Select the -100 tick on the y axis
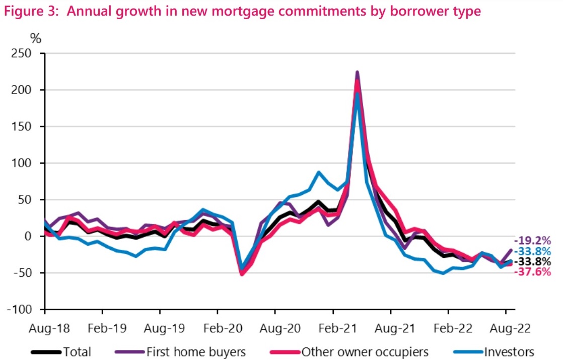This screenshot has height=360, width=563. tap(28, 309)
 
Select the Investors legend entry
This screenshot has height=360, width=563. tap(509, 351)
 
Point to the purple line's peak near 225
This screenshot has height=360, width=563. tap(357, 73)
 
